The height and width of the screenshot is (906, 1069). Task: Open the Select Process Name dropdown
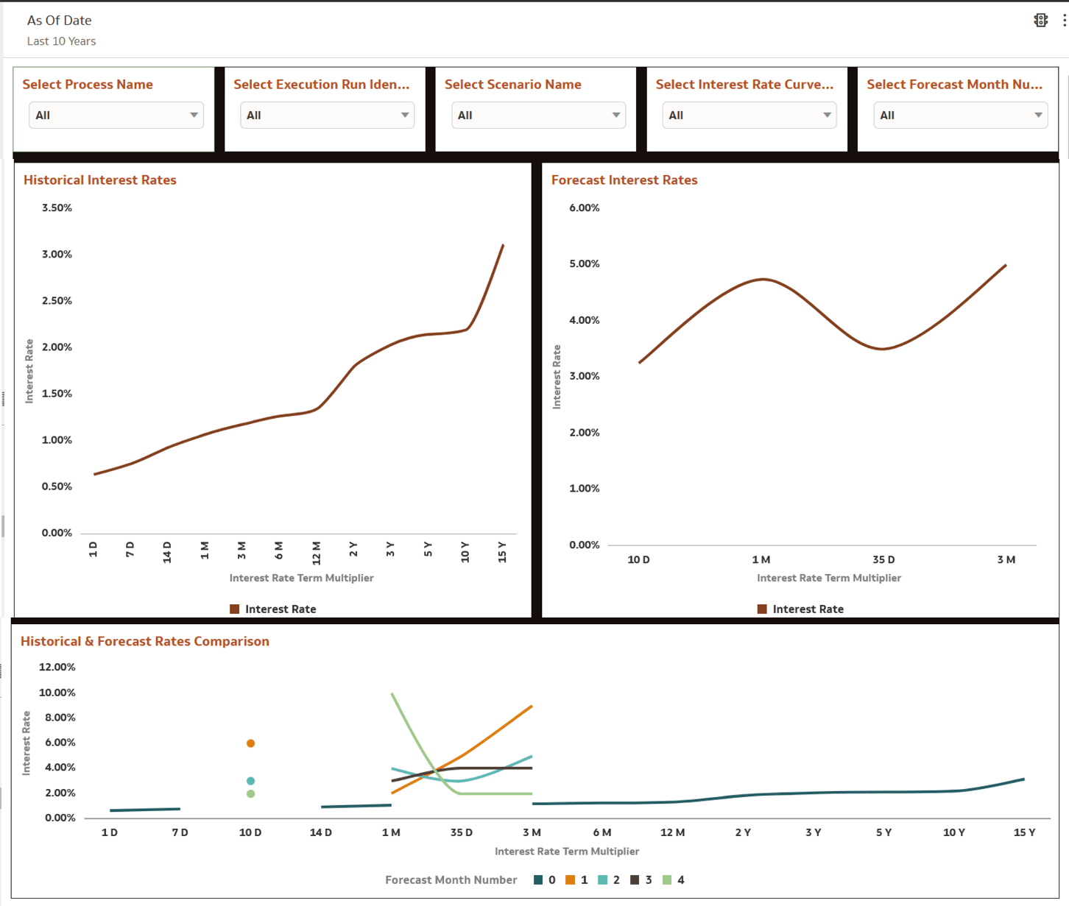coord(116,116)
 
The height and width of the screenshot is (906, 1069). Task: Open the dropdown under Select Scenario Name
coord(538,116)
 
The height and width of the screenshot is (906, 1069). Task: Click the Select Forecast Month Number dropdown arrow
coord(1037,116)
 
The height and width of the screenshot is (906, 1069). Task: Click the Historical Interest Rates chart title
coord(100,180)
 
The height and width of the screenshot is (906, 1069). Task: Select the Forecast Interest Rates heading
coord(624,180)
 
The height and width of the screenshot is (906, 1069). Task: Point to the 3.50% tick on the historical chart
coord(57,208)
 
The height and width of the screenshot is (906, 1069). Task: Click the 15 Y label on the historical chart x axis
coord(502,551)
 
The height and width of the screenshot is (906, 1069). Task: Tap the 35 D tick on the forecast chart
coord(883,560)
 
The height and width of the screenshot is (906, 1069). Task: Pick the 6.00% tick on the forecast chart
coord(585,208)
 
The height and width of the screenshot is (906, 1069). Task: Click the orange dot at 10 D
coord(251,743)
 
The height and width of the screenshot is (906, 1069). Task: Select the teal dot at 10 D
coord(251,781)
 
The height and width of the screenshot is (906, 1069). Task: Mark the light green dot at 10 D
coord(251,794)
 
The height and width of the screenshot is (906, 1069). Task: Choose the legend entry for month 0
coord(545,880)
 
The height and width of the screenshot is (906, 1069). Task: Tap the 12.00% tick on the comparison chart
coord(57,668)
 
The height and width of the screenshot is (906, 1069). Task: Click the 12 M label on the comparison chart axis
coord(672,832)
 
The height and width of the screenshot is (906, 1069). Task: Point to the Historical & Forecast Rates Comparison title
coord(145,642)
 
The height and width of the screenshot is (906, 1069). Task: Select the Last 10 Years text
coord(62,42)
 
